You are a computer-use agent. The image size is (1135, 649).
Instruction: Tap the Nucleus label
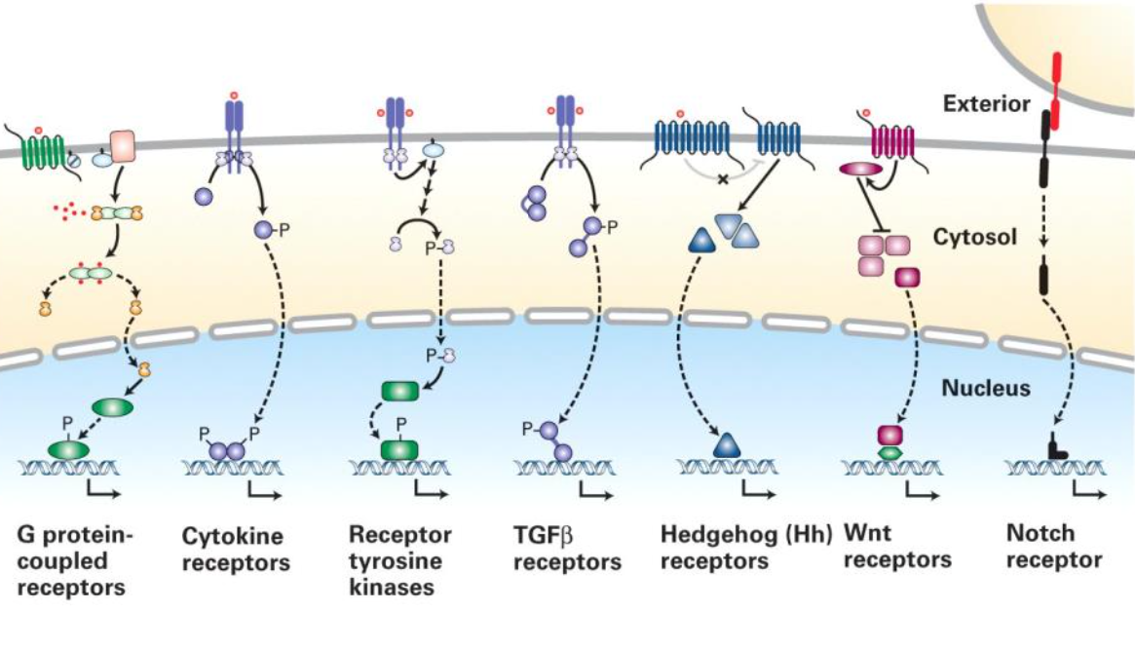986,389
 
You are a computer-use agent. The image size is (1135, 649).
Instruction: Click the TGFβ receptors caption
565,550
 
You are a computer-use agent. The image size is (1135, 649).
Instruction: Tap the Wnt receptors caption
896,548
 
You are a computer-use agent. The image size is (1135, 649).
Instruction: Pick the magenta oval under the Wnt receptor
856,171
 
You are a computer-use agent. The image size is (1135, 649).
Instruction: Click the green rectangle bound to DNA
398,449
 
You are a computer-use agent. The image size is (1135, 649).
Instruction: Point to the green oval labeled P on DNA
67,449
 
